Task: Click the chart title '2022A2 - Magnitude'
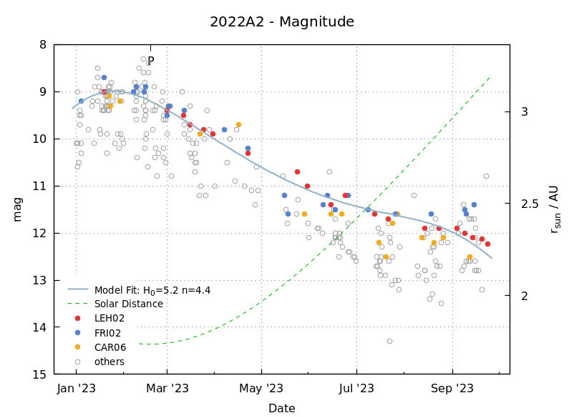click(x=281, y=22)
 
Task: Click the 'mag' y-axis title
click(x=17, y=209)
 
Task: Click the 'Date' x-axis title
click(x=281, y=409)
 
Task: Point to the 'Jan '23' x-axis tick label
click(x=76, y=389)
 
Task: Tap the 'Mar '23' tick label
click(x=167, y=389)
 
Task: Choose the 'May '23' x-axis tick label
click(x=261, y=389)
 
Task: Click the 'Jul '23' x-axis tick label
click(x=356, y=389)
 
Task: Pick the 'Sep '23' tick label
click(x=452, y=389)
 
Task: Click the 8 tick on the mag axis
click(x=42, y=44)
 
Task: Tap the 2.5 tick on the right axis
click(x=529, y=204)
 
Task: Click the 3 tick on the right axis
click(x=524, y=111)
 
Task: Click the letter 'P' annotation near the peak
click(x=151, y=61)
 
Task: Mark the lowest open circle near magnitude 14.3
click(x=389, y=341)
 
